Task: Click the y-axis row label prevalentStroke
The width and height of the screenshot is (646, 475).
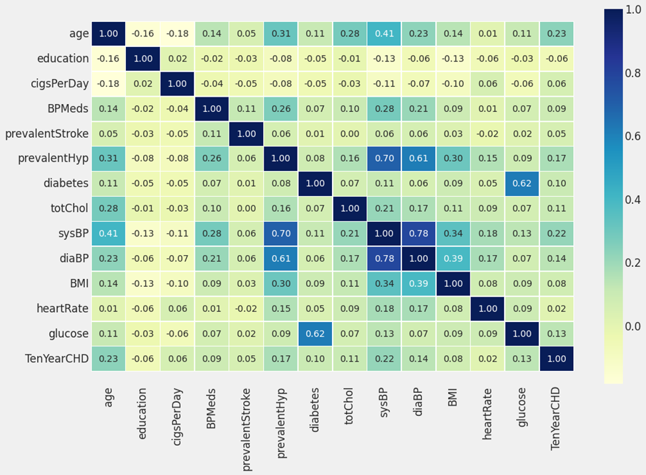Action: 46,134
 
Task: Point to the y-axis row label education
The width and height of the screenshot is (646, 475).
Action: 63,58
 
